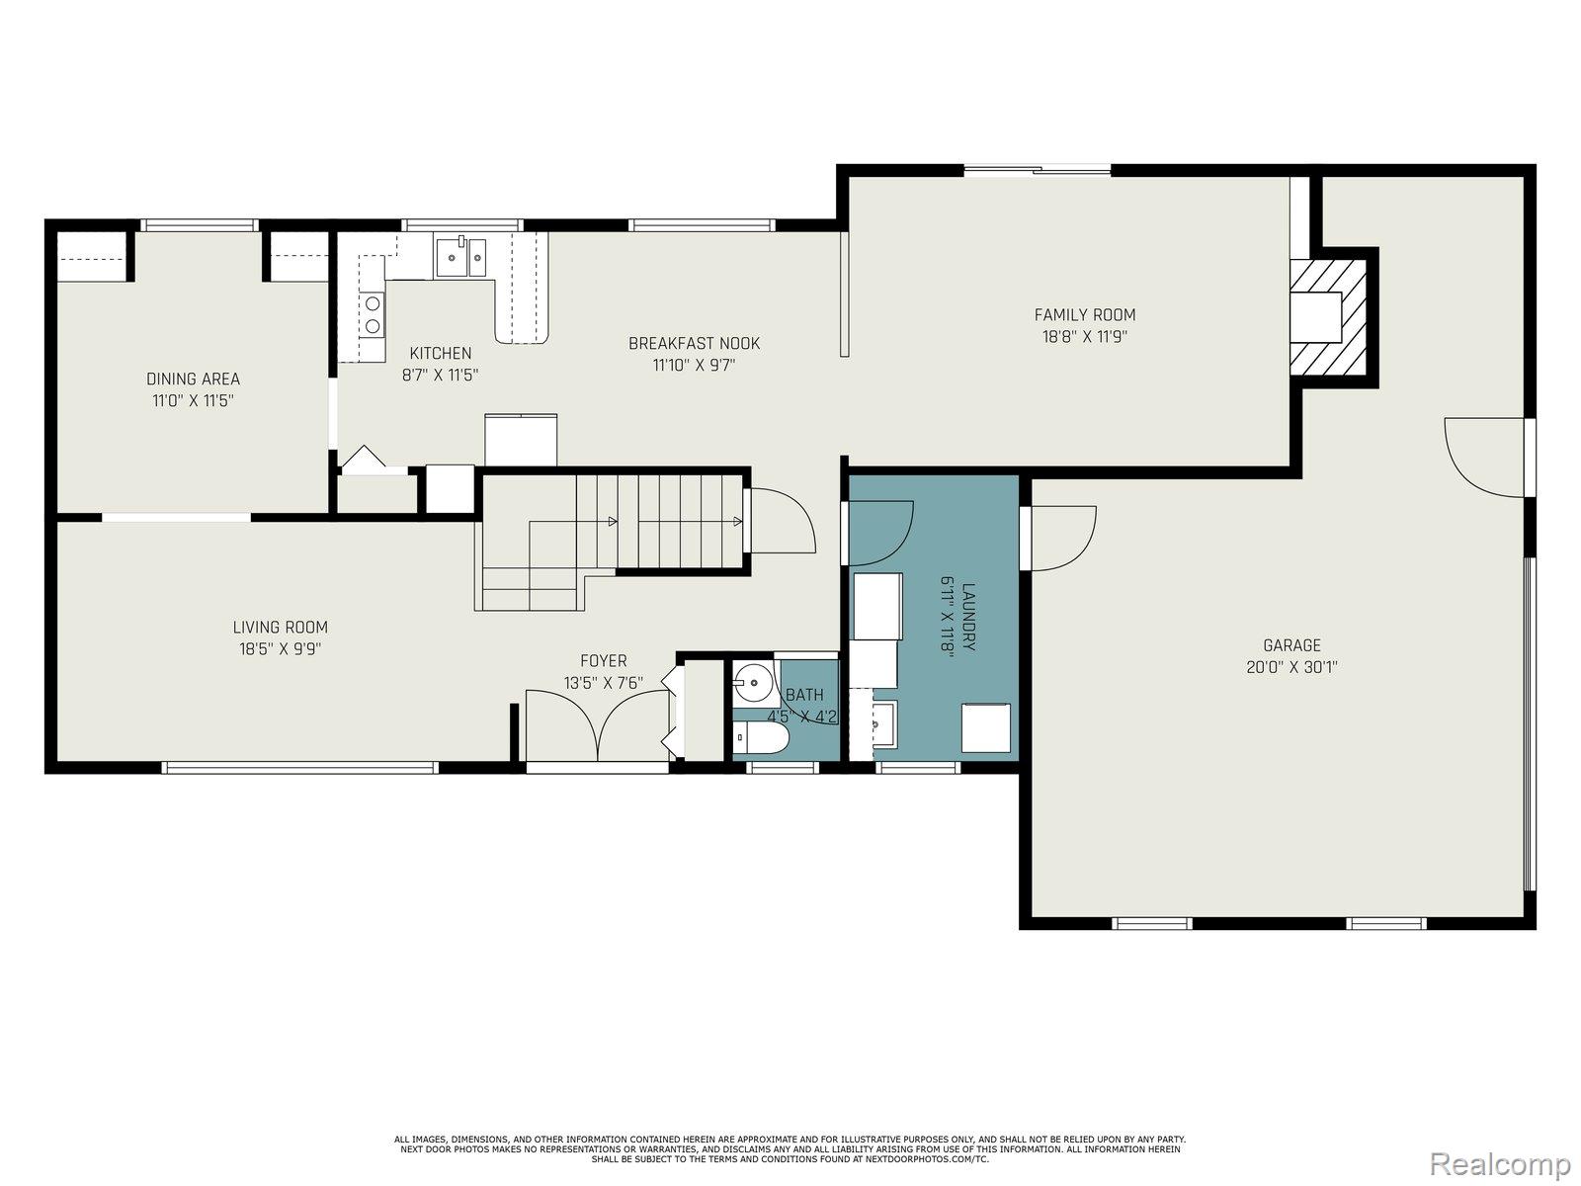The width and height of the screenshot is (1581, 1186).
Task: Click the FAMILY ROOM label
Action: (x=1084, y=314)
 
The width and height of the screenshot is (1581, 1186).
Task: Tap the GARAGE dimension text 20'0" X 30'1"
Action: (x=1291, y=667)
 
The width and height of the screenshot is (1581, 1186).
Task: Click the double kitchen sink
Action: (x=459, y=257)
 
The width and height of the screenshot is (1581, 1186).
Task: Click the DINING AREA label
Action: (x=193, y=379)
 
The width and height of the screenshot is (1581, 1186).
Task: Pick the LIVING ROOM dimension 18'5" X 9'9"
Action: (x=280, y=649)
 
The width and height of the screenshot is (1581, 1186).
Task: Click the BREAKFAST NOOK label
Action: (x=694, y=343)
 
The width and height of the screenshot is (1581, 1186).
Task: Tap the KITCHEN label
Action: (x=441, y=353)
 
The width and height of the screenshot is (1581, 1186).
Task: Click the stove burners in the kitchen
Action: (x=373, y=315)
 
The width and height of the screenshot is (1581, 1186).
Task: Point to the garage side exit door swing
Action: (x=1482, y=457)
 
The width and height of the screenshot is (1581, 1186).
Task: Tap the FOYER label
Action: (x=603, y=660)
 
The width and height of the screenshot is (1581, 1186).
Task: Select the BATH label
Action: (x=803, y=695)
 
